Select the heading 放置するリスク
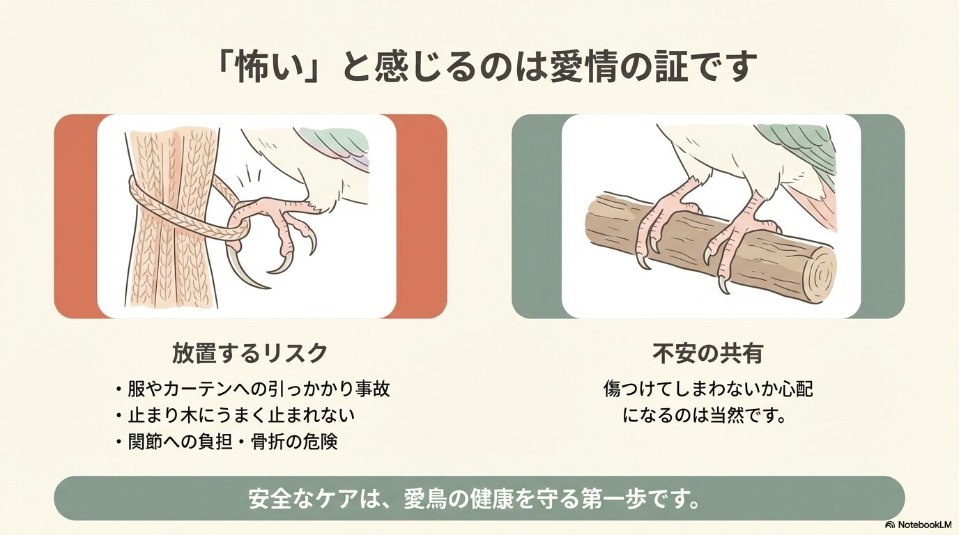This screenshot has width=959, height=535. coord(250,353)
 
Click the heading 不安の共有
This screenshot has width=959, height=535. coord(707,353)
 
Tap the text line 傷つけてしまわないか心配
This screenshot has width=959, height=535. coord(707,389)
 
